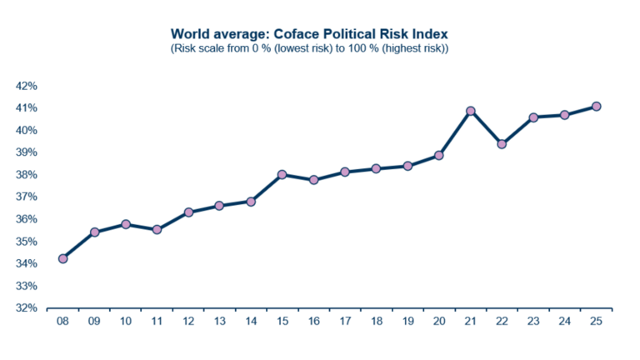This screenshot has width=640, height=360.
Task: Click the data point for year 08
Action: pyautogui.click(x=62, y=258)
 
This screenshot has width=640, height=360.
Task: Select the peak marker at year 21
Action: pyautogui.click(x=470, y=111)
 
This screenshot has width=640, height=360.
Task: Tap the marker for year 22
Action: pyautogui.click(x=502, y=144)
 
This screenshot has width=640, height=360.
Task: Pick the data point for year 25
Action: pyautogui.click(x=596, y=106)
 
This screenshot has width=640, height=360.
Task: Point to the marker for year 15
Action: pyautogui.click(x=282, y=175)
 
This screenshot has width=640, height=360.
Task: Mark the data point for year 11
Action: pyautogui.click(x=157, y=229)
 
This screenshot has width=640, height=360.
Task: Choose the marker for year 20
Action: pyautogui.click(x=439, y=155)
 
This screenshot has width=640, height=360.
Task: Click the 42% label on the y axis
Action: pyautogui.click(x=27, y=86)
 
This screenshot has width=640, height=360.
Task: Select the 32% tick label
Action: pyautogui.click(x=27, y=307)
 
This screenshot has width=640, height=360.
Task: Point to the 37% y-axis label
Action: pyautogui.click(x=27, y=197)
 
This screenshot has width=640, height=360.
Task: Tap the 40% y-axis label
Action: pyautogui.click(x=27, y=130)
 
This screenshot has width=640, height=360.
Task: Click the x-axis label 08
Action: pyautogui.click(x=62, y=322)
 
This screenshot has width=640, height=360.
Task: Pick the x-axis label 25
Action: pyautogui.click(x=596, y=322)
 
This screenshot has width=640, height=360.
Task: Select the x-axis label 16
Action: pyautogui.click(x=313, y=322)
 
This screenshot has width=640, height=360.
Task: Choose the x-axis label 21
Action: pyautogui.click(x=470, y=322)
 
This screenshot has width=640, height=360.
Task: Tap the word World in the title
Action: pyautogui.click(x=189, y=34)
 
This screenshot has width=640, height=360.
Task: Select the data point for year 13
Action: pyautogui.click(x=219, y=205)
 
